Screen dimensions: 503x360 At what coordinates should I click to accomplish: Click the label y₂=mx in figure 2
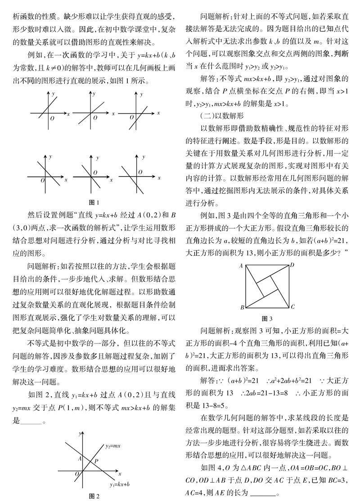113,446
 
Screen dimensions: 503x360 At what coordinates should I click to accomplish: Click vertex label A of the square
241,266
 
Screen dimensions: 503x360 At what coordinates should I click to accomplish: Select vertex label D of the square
292,265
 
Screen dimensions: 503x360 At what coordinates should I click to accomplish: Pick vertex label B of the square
242,308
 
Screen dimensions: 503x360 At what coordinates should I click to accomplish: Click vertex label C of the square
292,308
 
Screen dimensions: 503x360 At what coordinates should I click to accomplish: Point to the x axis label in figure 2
120,474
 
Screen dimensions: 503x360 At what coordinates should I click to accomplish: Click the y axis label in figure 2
80,434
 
